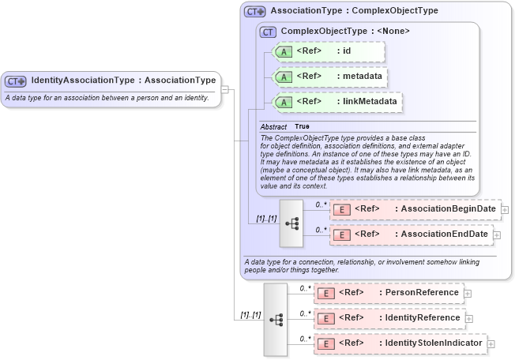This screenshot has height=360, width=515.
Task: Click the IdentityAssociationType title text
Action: coord(123,81)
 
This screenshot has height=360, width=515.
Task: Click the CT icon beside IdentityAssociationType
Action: coord(16,81)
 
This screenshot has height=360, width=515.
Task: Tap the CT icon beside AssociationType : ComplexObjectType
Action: coord(255,12)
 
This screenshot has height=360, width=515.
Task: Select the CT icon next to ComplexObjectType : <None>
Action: coord(268,32)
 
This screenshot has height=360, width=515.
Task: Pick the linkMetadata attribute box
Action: coord(336,102)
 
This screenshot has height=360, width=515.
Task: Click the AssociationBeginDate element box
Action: coord(415,209)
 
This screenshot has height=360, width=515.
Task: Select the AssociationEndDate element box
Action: coord(411,234)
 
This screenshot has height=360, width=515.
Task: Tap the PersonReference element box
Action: coord(389,293)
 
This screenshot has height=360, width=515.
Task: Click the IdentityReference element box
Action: coord(389,318)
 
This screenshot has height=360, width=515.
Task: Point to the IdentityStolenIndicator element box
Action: coord(400,343)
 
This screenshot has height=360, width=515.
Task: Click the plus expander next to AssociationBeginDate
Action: coord(505,209)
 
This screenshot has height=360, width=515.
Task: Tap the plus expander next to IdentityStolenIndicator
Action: coord(491,343)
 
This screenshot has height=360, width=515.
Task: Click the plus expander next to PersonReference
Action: coord(468,293)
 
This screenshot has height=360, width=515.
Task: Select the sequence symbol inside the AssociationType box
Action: coord(291,223)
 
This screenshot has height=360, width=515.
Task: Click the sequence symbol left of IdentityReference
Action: coord(276,319)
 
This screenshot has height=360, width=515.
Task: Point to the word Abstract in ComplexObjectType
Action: coord(273,126)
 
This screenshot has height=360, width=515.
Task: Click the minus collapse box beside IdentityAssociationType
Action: coord(225,89)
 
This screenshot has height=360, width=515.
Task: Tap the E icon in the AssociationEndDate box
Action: coord(342,234)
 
